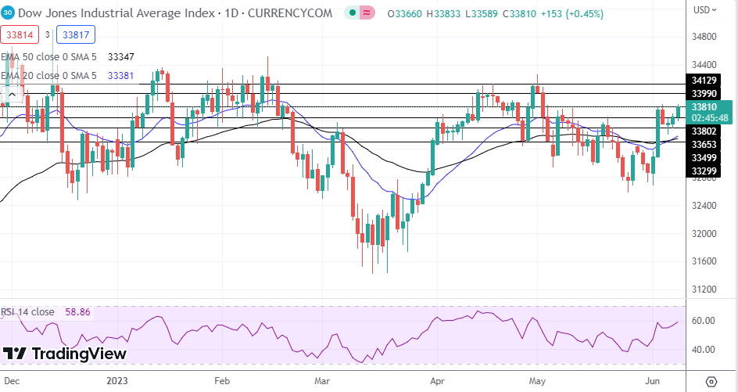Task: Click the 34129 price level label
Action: click(705, 81)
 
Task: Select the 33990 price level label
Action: click(705, 94)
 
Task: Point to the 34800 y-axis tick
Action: click(707, 37)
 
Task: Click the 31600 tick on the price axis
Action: click(707, 261)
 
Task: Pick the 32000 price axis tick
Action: click(707, 233)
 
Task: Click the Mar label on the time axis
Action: click(323, 381)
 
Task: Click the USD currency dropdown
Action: click(705, 10)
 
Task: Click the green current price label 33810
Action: click(705, 106)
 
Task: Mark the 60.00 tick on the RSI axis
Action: click(705, 320)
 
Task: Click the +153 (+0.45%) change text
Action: click(571, 14)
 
